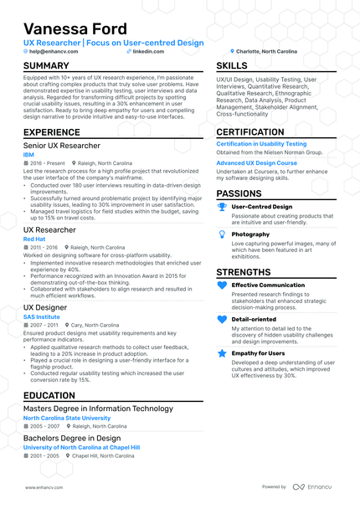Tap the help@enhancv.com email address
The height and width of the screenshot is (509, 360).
coord(54,51)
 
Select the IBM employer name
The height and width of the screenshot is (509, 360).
coord(28,155)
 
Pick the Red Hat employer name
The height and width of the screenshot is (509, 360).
coord(35,239)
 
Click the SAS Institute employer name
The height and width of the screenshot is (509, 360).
coord(42,316)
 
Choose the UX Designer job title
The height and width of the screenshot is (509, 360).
coord(45,307)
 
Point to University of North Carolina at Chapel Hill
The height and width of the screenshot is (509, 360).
coord(81,448)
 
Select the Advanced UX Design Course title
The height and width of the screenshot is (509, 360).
coord(257,162)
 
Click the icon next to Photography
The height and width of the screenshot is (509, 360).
coord(221,236)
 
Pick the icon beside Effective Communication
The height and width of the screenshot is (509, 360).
coord(222,285)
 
